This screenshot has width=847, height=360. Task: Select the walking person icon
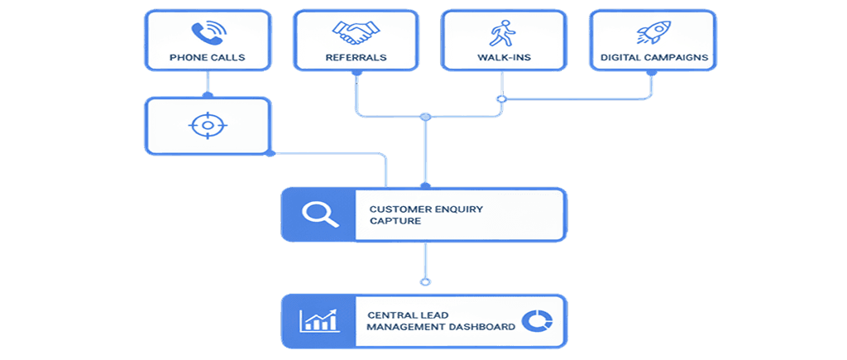pos(500,33)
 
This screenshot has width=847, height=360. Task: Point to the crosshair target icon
pos(207,126)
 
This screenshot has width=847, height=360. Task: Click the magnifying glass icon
pos(318,214)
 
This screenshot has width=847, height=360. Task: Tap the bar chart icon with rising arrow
pos(318,320)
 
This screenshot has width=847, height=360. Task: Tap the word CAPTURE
pos(395,221)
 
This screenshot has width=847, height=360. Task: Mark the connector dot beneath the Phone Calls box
pos(207,72)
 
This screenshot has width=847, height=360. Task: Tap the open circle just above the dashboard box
pos(425,282)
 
